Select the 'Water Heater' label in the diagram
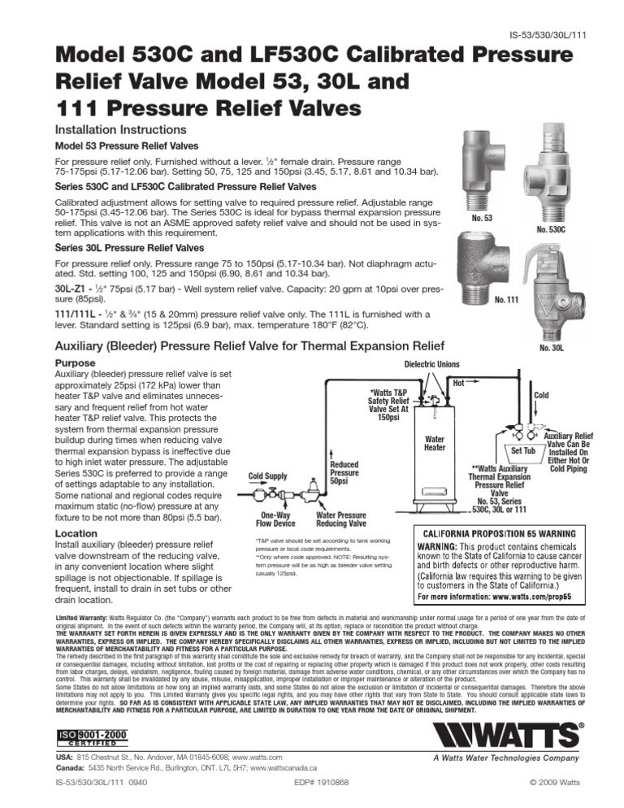pyautogui.click(x=435, y=444)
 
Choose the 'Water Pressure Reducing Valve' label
pyautogui.click(x=340, y=520)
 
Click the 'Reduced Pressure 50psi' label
pyautogui.click(x=344, y=472)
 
